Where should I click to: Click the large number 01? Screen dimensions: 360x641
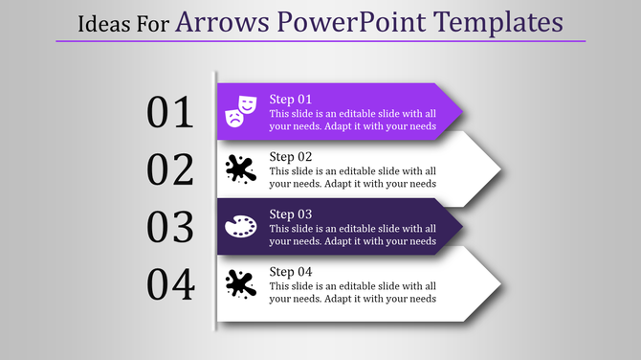click(170, 113)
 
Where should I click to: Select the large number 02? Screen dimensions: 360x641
click(170, 169)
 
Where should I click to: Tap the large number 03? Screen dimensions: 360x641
click(170, 227)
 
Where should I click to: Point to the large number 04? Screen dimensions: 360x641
click(170, 284)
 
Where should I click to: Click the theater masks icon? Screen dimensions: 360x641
click(240, 111)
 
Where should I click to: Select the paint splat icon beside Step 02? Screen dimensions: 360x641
click(240, 169)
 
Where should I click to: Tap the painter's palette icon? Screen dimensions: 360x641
click(240, 227)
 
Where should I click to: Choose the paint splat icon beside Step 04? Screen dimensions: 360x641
click(240, 284)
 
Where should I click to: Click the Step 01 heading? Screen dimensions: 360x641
click(291, 99)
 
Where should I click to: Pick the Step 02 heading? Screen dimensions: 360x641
click(291, 156)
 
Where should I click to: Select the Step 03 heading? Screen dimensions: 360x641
click(291, 214)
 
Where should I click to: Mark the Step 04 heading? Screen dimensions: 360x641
click(291, 271)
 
